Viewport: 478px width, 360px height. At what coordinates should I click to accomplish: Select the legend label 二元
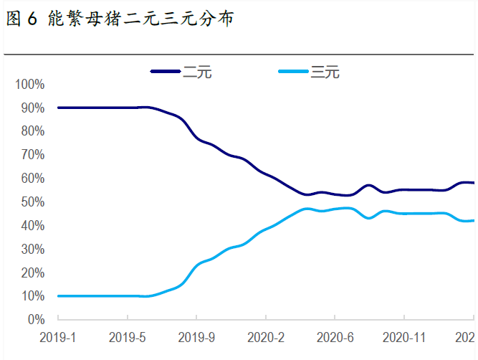click(198, 72)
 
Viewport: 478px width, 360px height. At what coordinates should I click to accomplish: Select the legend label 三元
click(325, 72)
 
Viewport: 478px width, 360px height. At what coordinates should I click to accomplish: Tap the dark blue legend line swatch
click(166, 72)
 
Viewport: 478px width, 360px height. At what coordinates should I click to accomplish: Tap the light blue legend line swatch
click(294, 72)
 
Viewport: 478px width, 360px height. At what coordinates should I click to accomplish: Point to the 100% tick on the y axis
click(29, 85)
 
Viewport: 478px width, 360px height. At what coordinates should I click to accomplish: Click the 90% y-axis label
click(32, 108)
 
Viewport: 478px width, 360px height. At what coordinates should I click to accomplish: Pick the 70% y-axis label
click(32, 155)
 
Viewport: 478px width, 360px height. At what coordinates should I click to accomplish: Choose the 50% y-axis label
click(32, 202)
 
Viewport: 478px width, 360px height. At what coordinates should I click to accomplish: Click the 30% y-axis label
click(32, 249)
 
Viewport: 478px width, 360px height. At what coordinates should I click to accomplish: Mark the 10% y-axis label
click(32, 296)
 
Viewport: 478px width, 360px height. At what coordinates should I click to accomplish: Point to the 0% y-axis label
click(35, 320)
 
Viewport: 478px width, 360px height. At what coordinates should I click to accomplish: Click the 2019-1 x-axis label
click(58, 337)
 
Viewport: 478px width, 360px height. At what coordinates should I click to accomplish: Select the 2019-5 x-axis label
click(127, 337)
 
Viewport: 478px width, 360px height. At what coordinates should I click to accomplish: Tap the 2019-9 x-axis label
click(196, 337)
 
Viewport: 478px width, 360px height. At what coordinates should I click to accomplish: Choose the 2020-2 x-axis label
click(266, 337)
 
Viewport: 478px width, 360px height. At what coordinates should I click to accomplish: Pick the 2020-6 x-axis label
click(335, 337)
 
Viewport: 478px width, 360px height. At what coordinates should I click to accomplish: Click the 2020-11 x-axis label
click(404, 337)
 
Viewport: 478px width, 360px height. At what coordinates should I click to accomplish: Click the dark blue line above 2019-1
click(59, 108)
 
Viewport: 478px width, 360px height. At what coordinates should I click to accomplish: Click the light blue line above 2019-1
click(59, 295)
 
